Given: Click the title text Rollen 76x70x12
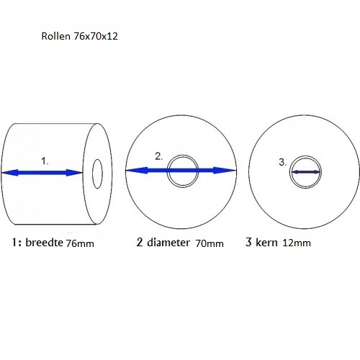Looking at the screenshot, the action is (x=79, y=36).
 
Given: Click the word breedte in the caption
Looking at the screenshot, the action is (x=44, y=242).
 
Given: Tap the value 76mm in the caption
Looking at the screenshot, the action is (x=80, y=243).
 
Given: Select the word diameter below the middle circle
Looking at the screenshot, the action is (x=168, y=243).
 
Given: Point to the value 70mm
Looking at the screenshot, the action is (x=210, y=243).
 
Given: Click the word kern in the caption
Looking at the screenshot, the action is (x=266, y=242).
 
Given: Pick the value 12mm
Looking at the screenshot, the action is (x=297, y=243).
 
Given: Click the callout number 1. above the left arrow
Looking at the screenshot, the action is (x=45, y=161).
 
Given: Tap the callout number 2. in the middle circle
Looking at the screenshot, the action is (x=158, y=156).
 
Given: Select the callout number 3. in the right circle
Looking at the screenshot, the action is (x=283, y=162).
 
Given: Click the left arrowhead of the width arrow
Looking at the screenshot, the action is (x=9, y=173).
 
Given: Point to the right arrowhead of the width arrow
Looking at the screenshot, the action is (x=74, y=173).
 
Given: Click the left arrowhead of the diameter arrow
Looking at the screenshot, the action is (x=137, y=171).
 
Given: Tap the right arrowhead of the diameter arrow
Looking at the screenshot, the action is (x=225, y=171).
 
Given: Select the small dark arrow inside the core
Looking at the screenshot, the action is (x=305, y=172).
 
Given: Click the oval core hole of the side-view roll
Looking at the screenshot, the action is (x=93, y=174).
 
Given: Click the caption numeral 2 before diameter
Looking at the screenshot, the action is (x=140, y=242).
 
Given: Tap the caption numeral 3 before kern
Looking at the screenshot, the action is (x=248, y=242).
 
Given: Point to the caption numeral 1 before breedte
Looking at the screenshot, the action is (x=14, y=243).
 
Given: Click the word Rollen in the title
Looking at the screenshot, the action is (x=55, y=36).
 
